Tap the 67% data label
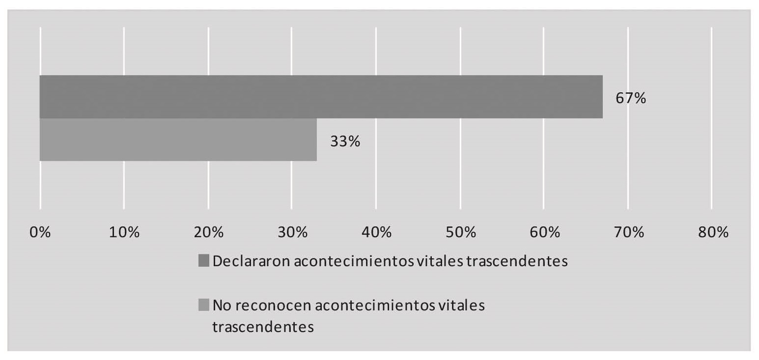point(630,98)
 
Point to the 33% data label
point(345,141)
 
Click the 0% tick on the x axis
point(40,232)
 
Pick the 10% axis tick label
point(124,232)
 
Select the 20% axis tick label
point(208,232)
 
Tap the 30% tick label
point(292,232)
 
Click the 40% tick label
point(376,232)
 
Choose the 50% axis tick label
point(460,232)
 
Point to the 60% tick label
point(544,232)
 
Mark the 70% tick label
point(628,232)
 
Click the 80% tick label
point(712,232)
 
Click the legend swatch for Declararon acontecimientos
point(203,261)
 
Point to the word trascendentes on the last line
point(263,327)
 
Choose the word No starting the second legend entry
point(222,305)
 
